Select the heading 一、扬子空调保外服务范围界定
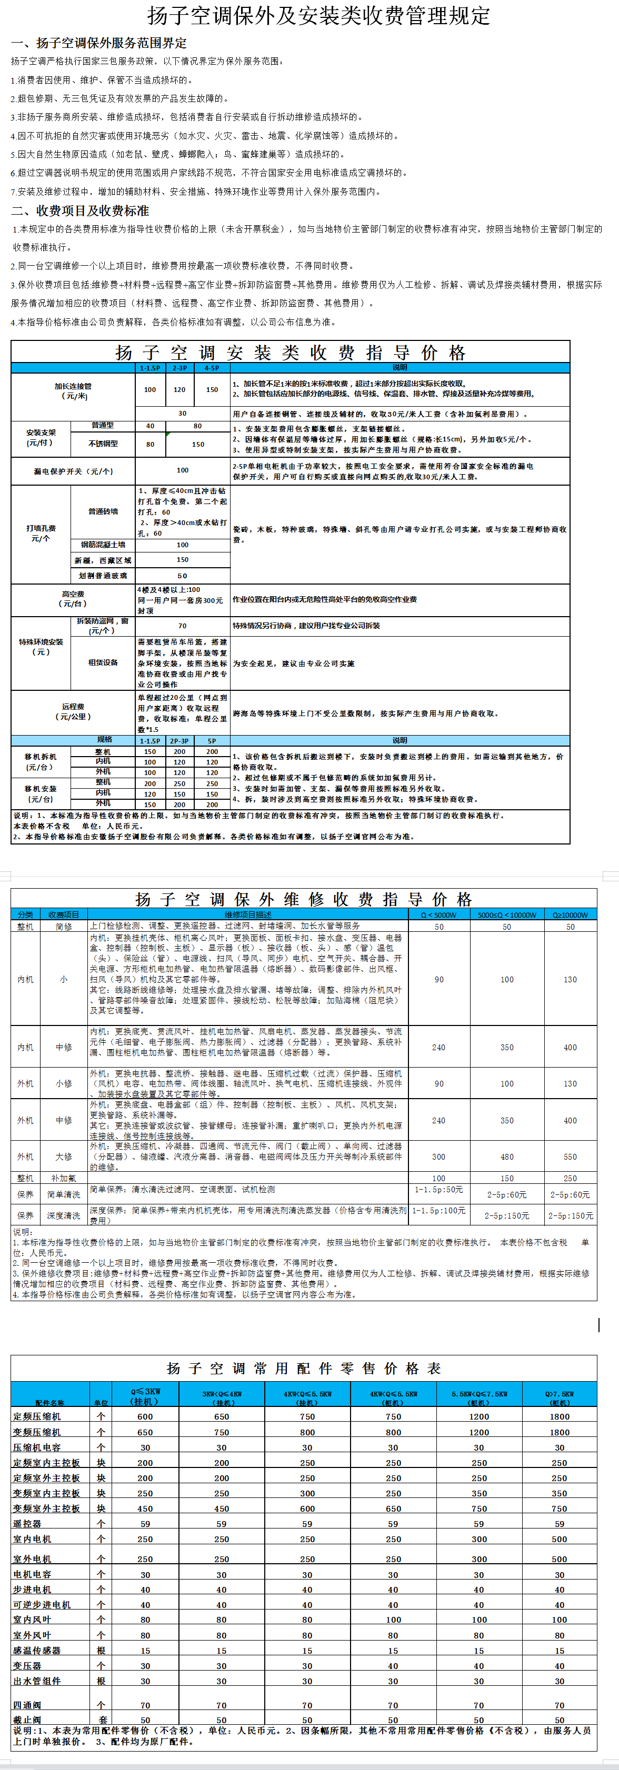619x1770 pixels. coord(98,43)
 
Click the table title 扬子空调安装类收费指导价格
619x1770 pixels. coord(291,353)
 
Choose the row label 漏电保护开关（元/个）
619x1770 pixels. coord(74,471)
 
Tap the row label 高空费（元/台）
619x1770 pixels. coord(74,599)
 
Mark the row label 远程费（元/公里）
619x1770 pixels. coord(74,711)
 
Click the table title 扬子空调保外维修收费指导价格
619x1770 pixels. coord(304,899)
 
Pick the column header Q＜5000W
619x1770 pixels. coord(439,915)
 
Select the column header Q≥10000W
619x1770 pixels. coord(570,915)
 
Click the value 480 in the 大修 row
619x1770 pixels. coord(507,1157)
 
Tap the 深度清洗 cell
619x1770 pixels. coord(63,1215)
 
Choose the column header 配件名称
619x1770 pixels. coord(50,1402)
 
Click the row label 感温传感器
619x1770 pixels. coord(37,1651)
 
